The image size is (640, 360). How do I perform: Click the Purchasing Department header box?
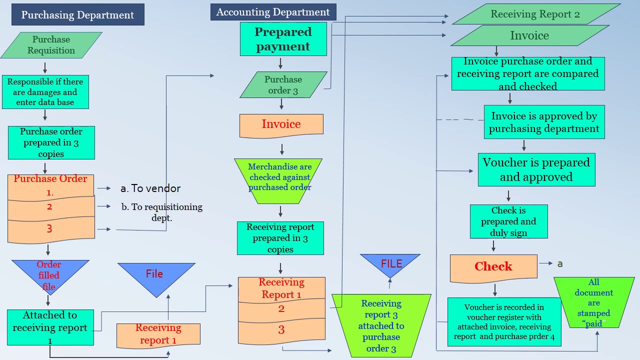point(77,15)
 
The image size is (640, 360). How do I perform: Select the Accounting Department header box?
point(273,12)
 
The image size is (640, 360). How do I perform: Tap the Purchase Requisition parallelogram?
point(51,45)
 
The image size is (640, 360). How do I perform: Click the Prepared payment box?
point(283,39)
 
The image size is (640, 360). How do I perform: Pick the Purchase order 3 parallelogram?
point(283,85)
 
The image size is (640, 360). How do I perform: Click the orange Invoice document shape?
point(281,124)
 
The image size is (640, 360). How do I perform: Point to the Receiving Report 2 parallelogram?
point(535,14)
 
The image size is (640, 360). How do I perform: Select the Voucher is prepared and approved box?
point(536,170)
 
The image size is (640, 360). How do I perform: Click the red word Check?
point(493,266)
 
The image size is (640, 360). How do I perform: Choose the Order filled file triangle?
point(49,274)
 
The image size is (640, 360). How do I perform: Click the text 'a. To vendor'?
point(150,188)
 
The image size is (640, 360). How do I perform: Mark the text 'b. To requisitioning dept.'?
point(161,212)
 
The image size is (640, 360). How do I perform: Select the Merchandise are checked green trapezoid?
point(279,178)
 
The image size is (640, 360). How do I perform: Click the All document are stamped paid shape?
point(593,302)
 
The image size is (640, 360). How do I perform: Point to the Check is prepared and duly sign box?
point(508,221)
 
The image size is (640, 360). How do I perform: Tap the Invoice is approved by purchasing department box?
point(544,122)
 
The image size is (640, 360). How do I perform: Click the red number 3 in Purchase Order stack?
point(49,228)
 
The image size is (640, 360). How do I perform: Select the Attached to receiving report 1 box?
point(50,327)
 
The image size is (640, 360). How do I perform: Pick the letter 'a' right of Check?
point(560,263)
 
